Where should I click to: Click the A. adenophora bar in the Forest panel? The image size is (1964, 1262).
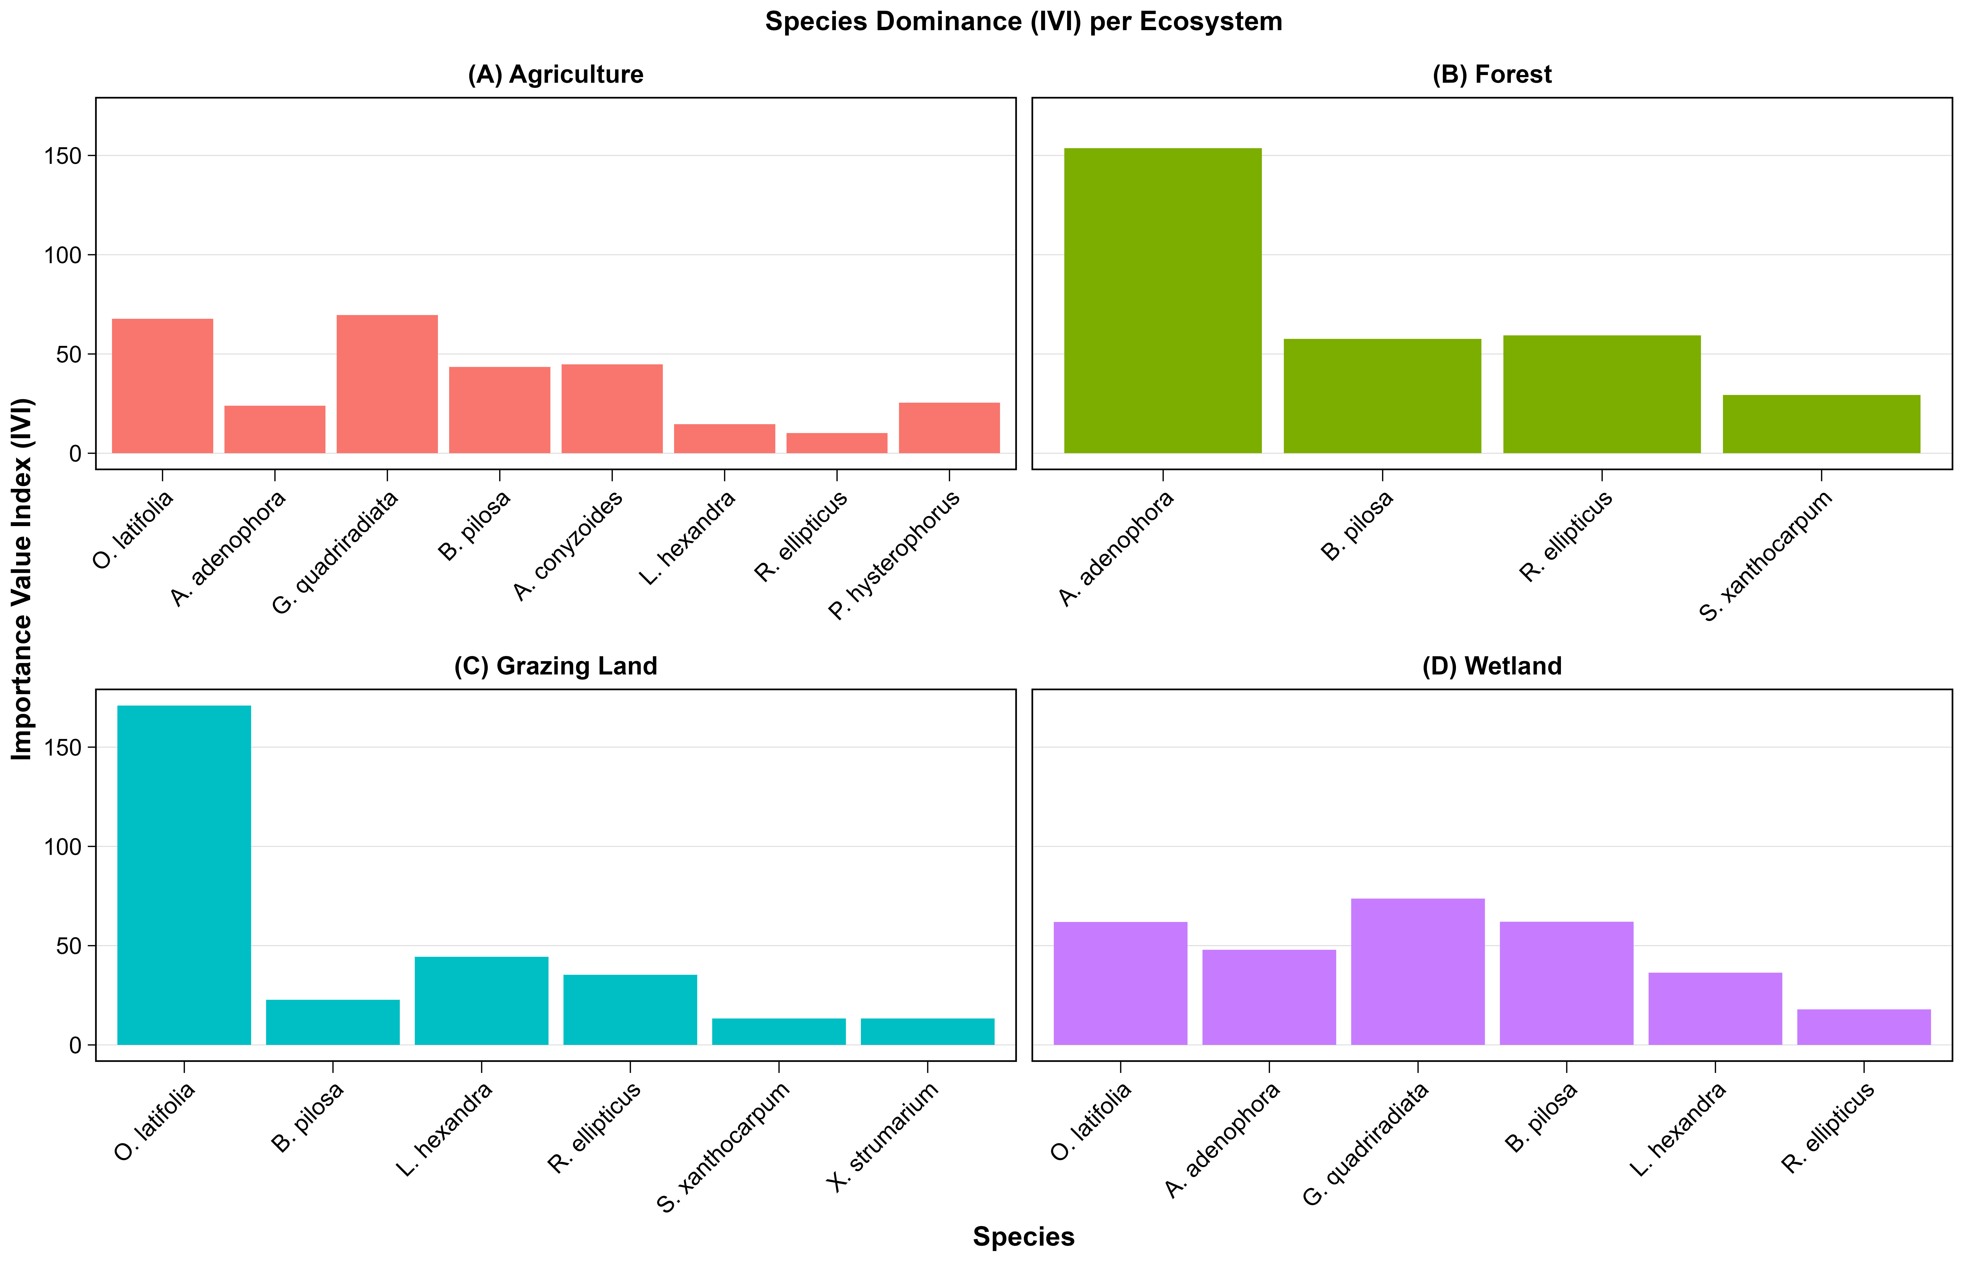pyautogui.click(x=1162, y=301)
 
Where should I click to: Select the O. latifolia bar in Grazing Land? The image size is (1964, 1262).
pyautogui.click(x=184, y=875)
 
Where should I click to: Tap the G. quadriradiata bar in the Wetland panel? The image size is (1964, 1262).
pyautogui.click(x=1417, y=972)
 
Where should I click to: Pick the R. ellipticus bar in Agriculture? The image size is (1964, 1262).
pyautogui.click(x=836, y=443)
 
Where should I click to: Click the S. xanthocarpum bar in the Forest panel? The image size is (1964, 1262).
pyautogui.click(x=1820, y=424)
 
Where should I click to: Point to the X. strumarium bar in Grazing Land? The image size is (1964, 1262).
pyautogui.click(x=927, y=1032)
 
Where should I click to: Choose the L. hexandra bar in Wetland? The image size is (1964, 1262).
pyautogui.click(x=1715, y=1009)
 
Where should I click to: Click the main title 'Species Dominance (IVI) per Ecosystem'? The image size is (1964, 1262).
pyautogui.click(x=1023, y=21)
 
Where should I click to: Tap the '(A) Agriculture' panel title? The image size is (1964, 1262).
pyautogui.click(x=556, y=75)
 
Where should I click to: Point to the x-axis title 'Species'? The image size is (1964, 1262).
pyautogui.click(x=1023, y=1237)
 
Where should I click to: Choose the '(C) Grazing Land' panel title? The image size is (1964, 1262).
pyautogui.click(x=556, y=666)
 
